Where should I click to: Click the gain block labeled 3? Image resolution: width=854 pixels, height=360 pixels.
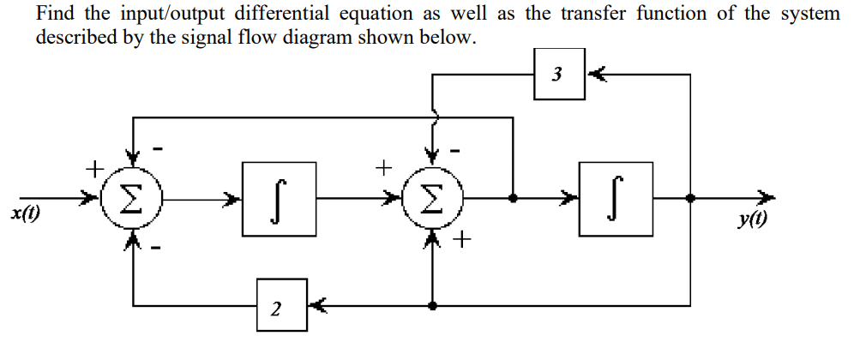click(558, 75)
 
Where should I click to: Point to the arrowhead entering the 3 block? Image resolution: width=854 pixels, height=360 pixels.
click(594, 75)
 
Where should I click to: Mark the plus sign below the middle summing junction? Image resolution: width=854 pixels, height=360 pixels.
click(462, 241)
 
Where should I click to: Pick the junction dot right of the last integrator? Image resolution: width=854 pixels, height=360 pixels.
click(690, 197)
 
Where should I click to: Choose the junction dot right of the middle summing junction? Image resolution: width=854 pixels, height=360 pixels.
click(512, 197)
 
